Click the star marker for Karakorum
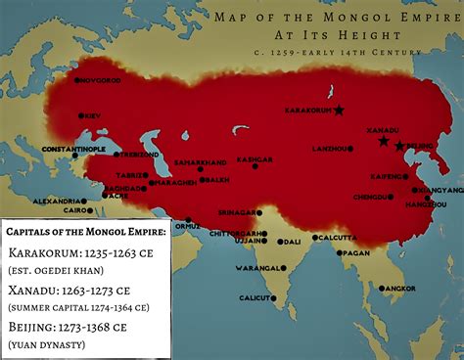[339, 110]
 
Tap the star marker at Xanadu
[383, 141]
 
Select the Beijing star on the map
[399, 147]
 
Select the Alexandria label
[53, 201]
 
